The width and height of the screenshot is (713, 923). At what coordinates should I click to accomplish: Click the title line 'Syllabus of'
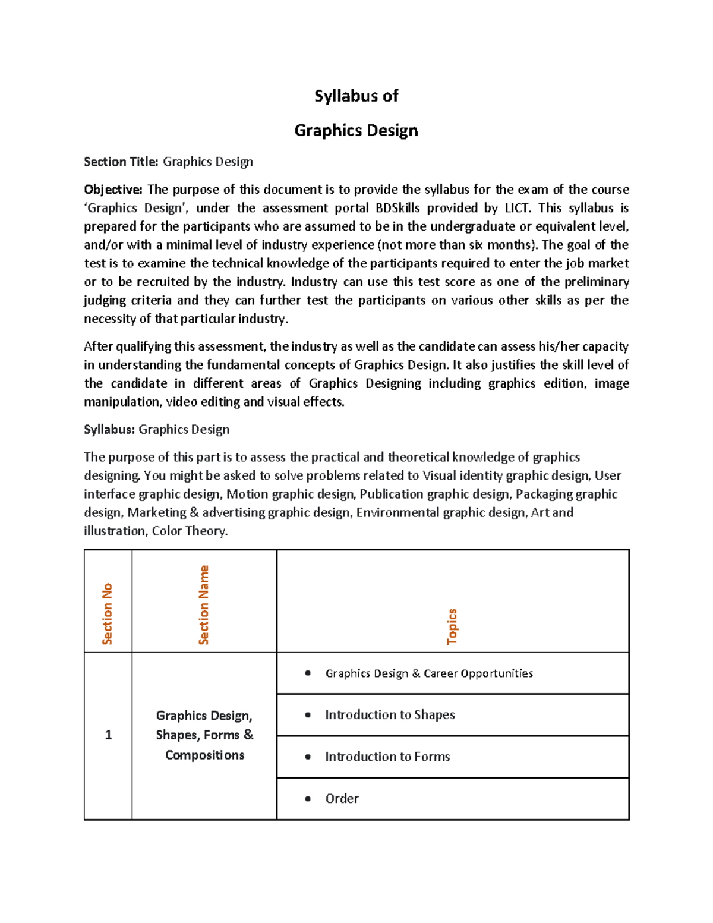coord(356,96)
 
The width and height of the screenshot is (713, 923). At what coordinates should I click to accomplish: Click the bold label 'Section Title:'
coord(121,162)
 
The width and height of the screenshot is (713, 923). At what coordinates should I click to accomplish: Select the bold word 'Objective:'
coord(113,190)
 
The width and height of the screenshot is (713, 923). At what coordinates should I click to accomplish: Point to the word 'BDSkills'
coord(397,208)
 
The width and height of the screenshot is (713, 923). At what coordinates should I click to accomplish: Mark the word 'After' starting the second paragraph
coord(97,346)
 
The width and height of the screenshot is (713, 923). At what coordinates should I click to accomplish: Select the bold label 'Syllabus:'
coord(110,430)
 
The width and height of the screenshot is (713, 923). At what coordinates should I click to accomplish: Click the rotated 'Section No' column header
coord(108,613)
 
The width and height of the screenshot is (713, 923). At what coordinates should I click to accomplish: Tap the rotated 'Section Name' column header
coord(204,604)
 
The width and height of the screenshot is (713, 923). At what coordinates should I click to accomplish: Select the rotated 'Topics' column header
coord(452,626)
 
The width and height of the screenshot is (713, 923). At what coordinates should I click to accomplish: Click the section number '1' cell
coord(108,735)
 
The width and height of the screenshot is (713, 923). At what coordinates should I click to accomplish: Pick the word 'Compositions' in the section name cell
coord(205,755)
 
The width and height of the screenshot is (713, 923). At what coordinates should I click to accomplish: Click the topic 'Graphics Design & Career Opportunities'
coord(428,673)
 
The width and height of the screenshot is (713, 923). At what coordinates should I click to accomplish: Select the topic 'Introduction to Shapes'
coord(390,715)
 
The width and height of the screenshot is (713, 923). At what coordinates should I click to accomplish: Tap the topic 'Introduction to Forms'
coord(387,757)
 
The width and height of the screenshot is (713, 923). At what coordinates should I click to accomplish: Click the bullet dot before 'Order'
coord(308,799)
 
